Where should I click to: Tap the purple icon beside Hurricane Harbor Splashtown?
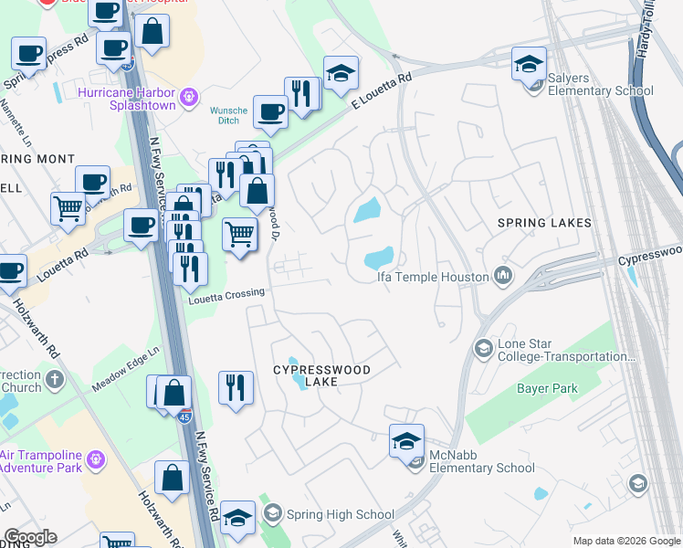tap(190, 94)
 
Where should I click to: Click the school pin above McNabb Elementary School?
tap(406, 442)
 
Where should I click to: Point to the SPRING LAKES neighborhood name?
tap(544, 223)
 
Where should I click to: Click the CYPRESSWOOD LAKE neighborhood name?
tap(323, 375)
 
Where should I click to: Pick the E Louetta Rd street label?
tap(384, 91)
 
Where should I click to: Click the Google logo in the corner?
tap(30, 537)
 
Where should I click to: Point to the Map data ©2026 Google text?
tap(625, 541)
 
